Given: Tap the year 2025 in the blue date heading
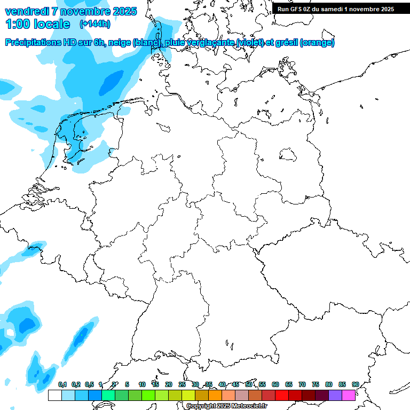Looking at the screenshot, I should tap(122, 11).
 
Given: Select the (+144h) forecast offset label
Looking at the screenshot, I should tap(94, 24).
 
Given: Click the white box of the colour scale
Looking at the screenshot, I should tap(54, 396).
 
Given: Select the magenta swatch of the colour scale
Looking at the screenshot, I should tap(349, 396).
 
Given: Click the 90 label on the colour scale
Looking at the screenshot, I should tap(355, 384).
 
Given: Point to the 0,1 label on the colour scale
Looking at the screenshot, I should tap(62, 384).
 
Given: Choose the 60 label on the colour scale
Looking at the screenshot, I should tap(275, 384).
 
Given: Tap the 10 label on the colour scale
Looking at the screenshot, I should tap(142, 384).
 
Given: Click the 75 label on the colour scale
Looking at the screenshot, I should tap(316, 384).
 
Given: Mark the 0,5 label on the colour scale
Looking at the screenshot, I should tap(89, 384).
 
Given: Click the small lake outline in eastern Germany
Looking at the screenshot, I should tap(288, 155).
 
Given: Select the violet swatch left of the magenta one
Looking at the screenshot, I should tap(335, 396).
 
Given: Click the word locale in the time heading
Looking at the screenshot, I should tap(51, 24).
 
